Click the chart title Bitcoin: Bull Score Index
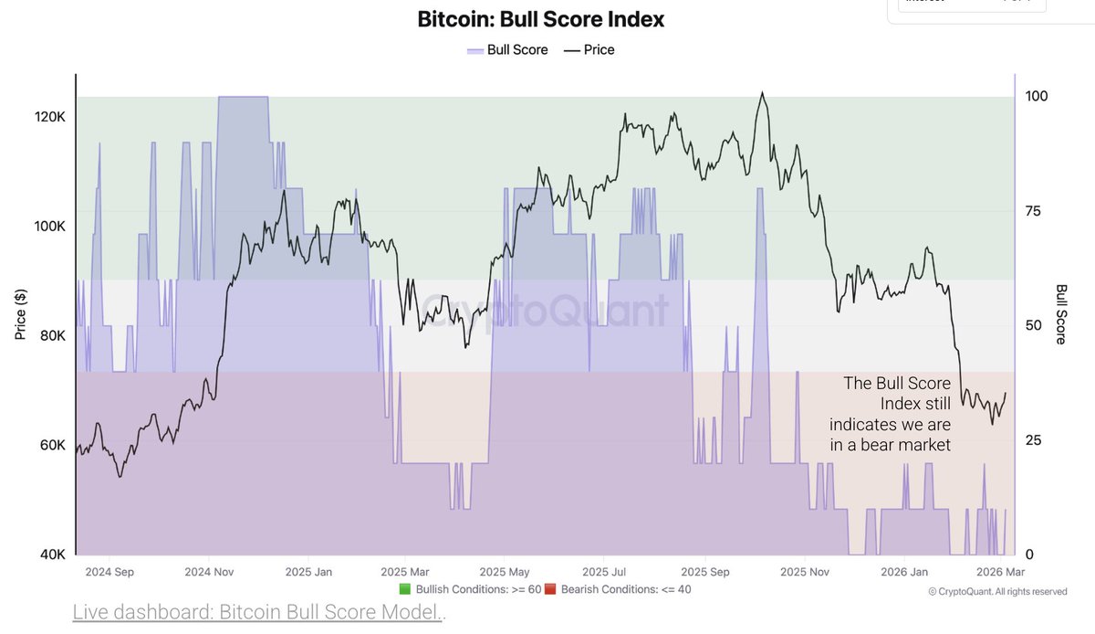click(x=541, y=19)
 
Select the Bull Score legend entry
click(x=507, y=49)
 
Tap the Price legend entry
click(x=589, y=49)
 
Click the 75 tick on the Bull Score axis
click(x=1034, y=211)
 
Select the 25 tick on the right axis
click(x=1034, y=440)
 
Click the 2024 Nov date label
click(x=211, y=573)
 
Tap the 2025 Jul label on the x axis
click(x=602, y=573)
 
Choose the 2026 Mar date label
click(x=1002, y=573)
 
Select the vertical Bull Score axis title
click(x=1061, y=314)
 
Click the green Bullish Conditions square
click(x=405, y=589)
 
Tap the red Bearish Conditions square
click(x=550, y=589)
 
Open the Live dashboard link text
click(x=257, y=612)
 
